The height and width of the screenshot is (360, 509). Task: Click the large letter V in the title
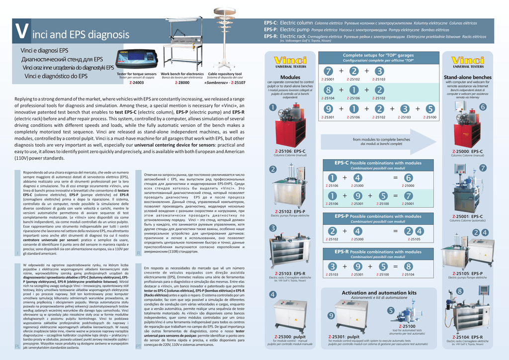click(20, 31)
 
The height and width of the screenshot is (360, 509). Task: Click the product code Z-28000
click(182, 83)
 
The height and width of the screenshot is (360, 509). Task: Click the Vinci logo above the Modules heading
click(290, 61)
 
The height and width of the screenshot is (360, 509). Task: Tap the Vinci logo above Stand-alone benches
click(467, 61)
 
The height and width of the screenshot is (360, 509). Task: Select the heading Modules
click(290, 77)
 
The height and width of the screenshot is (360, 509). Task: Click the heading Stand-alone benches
click(467, 78)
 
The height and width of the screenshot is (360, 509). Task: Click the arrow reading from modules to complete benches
click(381, 141)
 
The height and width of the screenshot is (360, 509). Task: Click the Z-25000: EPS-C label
click(467, 151)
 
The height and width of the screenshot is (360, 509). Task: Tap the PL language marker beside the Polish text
click(17, 346)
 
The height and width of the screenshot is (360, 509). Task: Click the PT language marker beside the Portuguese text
click(139, 346)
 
